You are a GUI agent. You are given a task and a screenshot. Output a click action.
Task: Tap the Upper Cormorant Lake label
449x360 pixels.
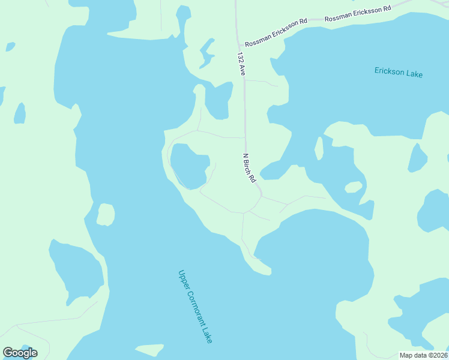click(x=195, y=306)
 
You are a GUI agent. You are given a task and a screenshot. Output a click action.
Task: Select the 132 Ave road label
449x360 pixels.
click(x=241, y=64)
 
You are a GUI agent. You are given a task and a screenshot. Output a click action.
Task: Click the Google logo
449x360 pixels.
click(x=20, y=353)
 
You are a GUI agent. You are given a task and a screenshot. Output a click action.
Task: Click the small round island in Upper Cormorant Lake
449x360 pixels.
click(x=106, y=214)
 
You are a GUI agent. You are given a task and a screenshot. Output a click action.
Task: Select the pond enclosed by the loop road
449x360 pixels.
click(x=189, y=165)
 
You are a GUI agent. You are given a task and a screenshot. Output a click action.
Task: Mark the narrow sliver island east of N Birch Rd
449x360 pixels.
click(x=319, y=148)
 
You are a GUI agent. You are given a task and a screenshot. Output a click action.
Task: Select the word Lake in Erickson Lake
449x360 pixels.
click(x=414, y=74)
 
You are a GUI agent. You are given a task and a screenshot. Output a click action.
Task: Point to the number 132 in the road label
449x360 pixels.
click(x=240, y=58)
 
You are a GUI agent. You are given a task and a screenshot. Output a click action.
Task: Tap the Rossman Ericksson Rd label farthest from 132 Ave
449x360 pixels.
click(x=358, y=14)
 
